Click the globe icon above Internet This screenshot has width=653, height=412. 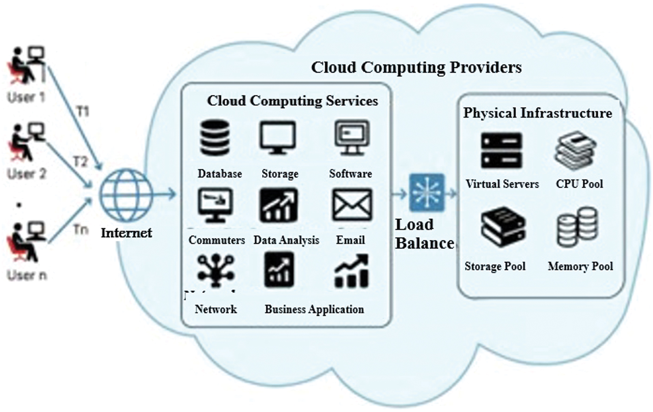(x=126, y=195)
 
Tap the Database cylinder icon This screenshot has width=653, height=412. (x=215, y=138)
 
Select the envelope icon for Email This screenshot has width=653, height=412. (x=352, y=205)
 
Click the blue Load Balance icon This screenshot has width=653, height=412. (x=427, y=192)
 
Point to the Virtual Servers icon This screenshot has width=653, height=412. (x=501, y=151)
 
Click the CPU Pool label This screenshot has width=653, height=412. (x=579, y=184)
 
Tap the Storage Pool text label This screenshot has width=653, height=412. (x=495, y=266)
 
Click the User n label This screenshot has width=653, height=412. (x=27, y=276)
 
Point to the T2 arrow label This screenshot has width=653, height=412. (x=80, y=162)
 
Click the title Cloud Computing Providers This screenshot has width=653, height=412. (x=416, y=68)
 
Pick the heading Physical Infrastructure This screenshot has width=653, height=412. (x=537, y=113)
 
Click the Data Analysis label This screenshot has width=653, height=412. (x=286, y=240)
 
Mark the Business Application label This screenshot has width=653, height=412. (x=314, y=309)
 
